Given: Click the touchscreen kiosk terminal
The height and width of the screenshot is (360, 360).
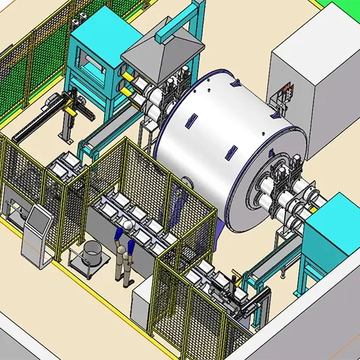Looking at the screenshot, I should point(37,226).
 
